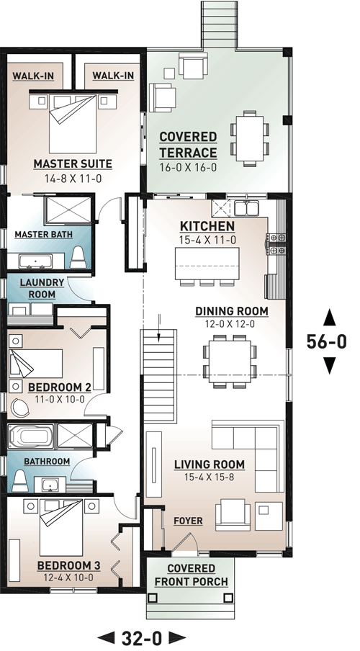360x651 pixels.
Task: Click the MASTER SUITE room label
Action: (75, 163)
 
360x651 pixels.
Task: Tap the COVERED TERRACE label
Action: (187, 145)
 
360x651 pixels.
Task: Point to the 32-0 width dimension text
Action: (142, 637)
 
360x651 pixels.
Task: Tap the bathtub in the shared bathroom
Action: (31, 436)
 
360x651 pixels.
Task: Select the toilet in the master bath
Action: (78, 258)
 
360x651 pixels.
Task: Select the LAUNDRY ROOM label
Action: (42, 288)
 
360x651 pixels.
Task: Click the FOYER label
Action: (189, 520)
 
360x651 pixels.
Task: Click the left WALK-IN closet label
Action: (35, 75)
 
